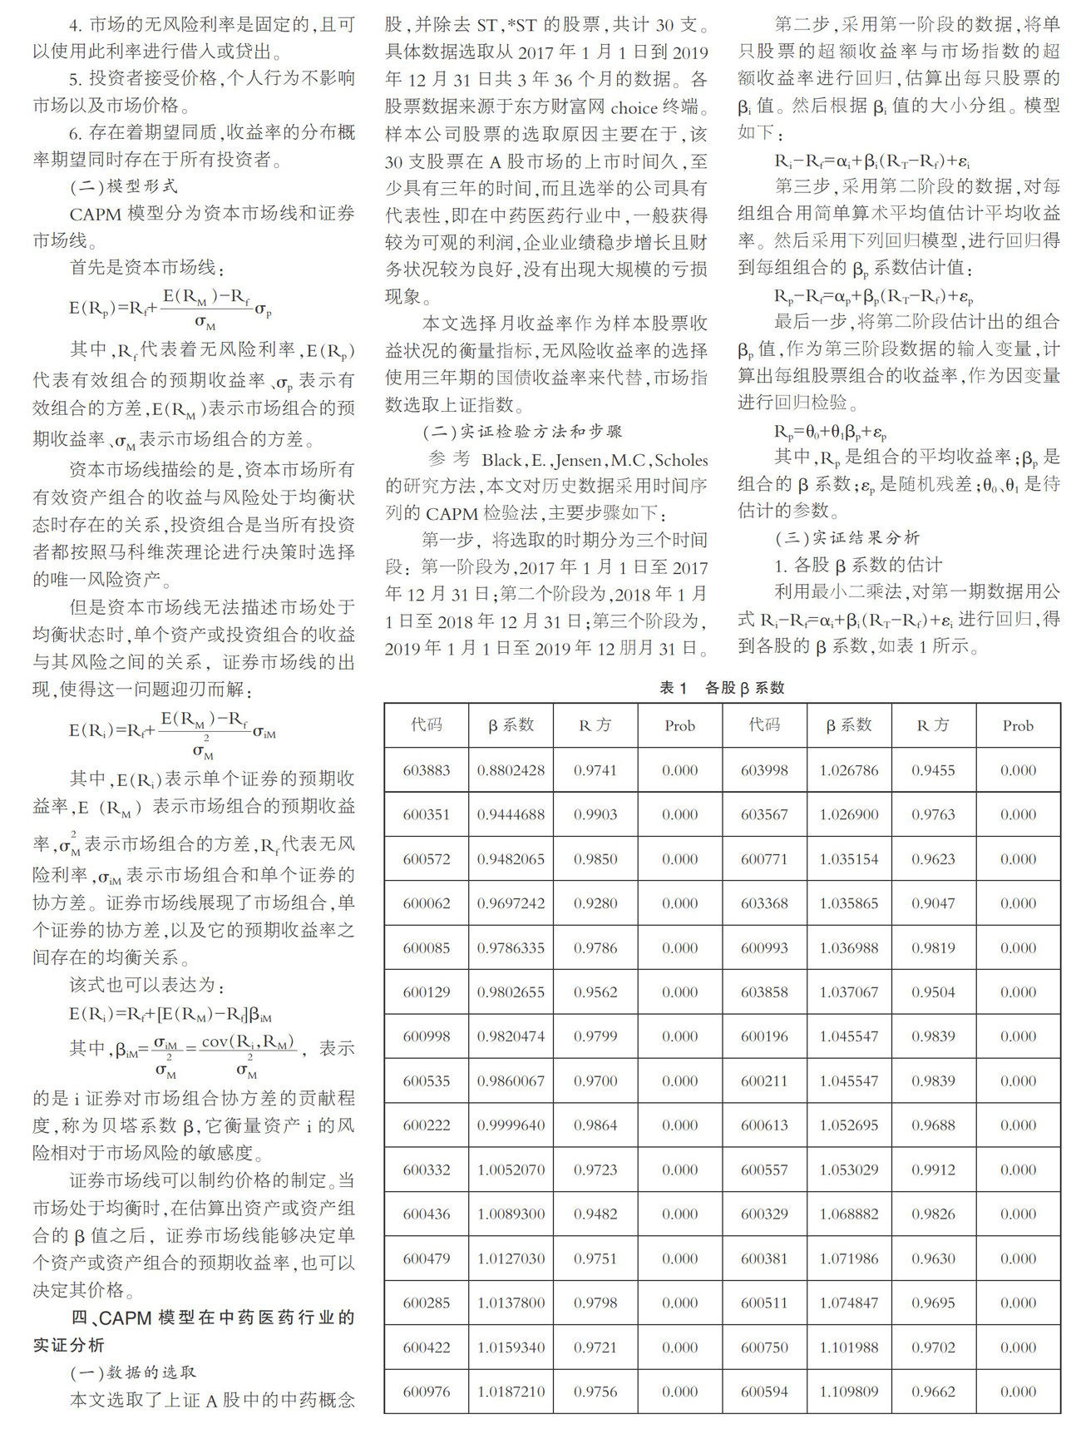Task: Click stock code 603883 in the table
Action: (426, 770)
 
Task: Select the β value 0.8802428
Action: (511, 770)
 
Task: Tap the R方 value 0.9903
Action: (595, 814)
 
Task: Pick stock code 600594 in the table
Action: (764, 1392)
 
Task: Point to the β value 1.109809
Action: (848, 1392)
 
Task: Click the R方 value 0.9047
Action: (933, 903)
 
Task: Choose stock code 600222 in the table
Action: (426, 1125)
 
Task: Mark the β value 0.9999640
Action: (511, 1125)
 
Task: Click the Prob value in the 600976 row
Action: (679, 1392)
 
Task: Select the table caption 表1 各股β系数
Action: (722, 688)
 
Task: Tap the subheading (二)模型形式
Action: (123, 185)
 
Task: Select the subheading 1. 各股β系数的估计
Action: (857, 566)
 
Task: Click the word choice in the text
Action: (634, 107)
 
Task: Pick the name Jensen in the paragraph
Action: (577, 460)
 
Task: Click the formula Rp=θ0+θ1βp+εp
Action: (830, 431)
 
